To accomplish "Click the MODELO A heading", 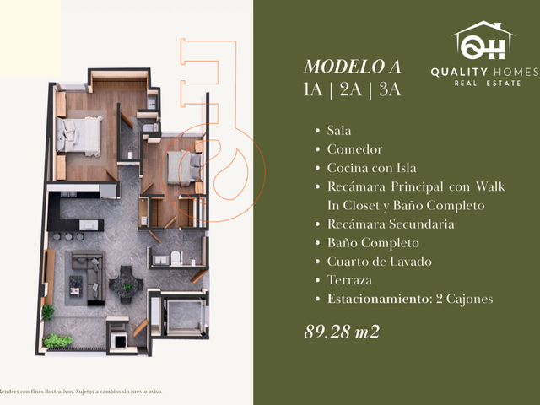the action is [x=353, y=67].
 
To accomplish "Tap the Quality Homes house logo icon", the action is [x=483, y=40].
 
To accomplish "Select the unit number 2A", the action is [x=351, y=89].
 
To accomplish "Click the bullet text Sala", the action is [x=339, y=131].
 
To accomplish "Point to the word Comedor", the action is [x=354, y=149].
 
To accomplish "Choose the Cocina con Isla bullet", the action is [x=371, y=168].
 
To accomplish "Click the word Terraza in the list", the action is [x=349, y=280].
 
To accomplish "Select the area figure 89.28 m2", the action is [x=342, y=332].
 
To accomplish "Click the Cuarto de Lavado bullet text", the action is [x=379, y=262].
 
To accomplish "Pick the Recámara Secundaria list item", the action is [x=391, y=224].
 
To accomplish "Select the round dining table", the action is [x=126, y=285].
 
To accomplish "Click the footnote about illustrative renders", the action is [x=81, y=391].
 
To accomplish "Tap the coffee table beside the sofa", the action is [x=76, y=285].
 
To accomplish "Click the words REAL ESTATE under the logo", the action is [x=487, y=84].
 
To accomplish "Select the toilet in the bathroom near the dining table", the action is [x=175, y=258].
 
